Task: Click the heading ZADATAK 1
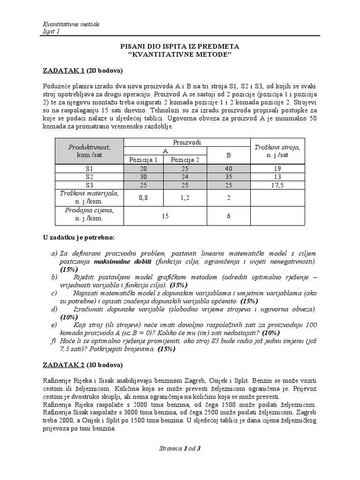63,71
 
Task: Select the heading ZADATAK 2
63,364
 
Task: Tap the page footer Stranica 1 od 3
180,448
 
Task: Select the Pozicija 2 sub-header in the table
185,160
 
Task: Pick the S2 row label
89,177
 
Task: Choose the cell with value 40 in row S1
228,169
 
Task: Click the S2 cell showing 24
185,177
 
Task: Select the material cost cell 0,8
143,198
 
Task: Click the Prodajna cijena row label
89,214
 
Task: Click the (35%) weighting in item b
178,285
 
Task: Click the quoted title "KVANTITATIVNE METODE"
180,55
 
